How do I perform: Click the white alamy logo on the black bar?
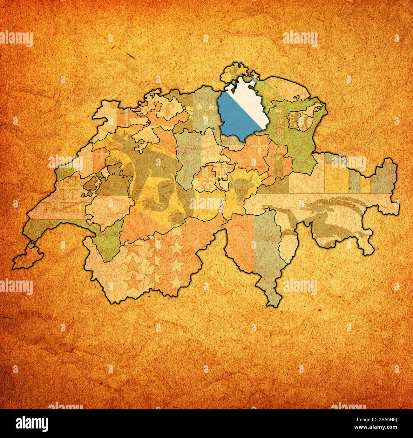(x=32, y=423)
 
